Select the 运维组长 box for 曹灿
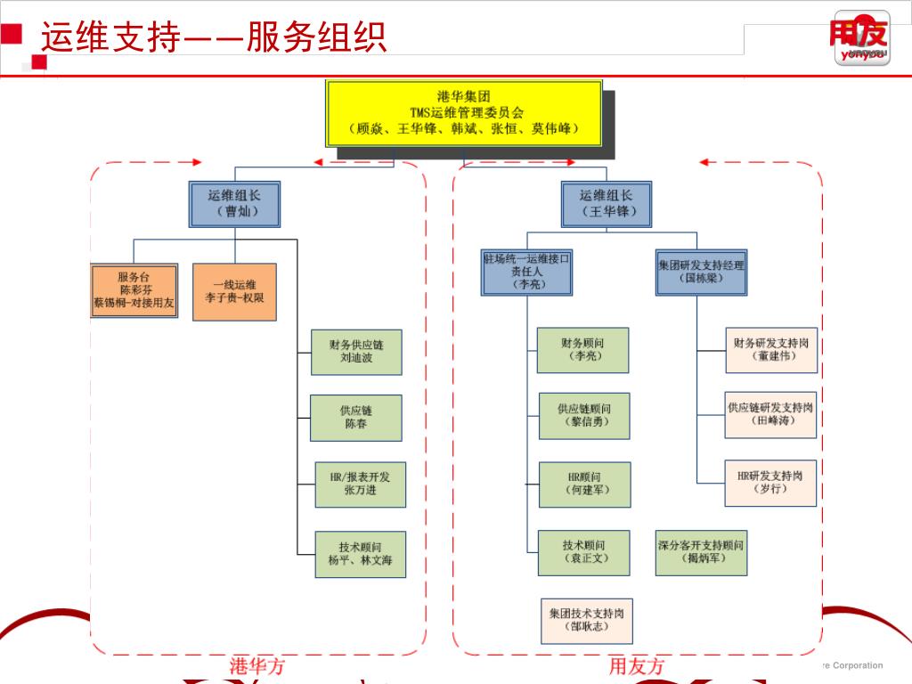(x=235, y=204)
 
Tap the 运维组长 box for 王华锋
(x=607, y=204)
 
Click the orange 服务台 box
(x=134, y=291)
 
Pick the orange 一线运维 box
(x=234, y=291)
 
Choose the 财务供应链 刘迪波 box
(x=356, y=351)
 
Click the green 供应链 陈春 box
(x=356, y=418)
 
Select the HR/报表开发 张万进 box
(x=361, y=484)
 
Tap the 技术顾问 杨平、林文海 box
(x=360, y=554)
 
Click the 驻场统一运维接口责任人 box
(x=526, y=272)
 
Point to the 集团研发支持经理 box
(x=702, y=272)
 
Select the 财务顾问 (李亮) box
(x=583, y=350)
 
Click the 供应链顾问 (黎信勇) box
(x=584, y=415)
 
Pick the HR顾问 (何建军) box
(x=584, y=484)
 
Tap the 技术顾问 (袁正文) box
(x=584, y=552)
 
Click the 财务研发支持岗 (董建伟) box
(x=771, y=349)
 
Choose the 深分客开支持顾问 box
(x=701, y=552)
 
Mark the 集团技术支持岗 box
(x=586, y=621)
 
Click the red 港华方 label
(x=256, y=666)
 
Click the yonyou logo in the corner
(x=859, y=39)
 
